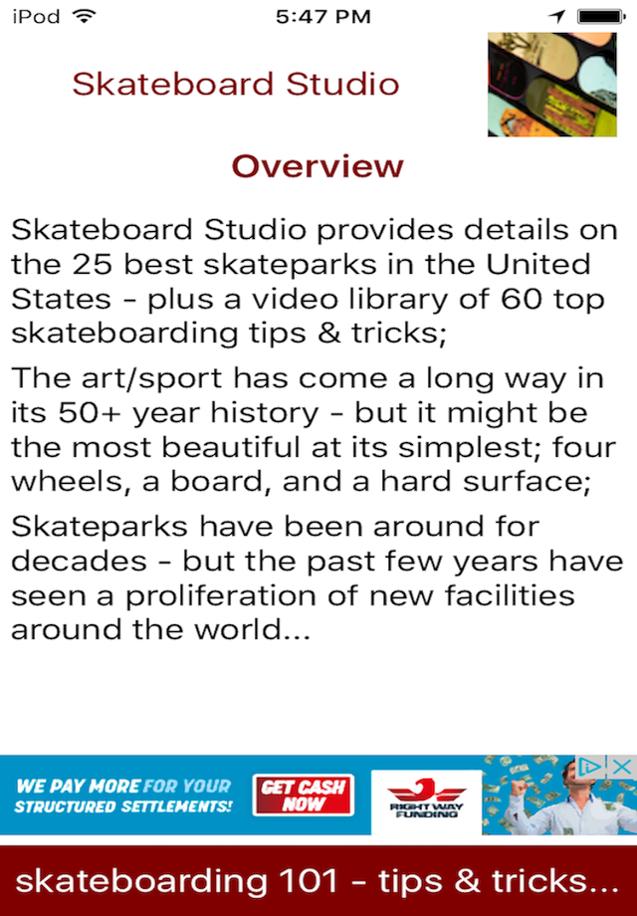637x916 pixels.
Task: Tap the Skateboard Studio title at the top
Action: (235, 84)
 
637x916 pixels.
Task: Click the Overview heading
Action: (318, 166)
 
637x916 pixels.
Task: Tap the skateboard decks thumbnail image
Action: (551, 84)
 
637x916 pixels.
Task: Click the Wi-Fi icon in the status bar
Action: (85, 16)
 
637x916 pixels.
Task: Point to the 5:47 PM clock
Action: (322, 16)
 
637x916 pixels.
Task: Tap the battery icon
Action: (601, 16)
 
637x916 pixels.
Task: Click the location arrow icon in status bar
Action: (557, 16)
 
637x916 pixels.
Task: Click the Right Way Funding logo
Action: (426, 795)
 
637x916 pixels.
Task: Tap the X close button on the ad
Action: (622, 767)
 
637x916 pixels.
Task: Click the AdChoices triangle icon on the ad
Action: (590, 767)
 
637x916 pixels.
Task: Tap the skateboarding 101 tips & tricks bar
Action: (318, 881)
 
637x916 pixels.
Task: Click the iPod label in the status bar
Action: (36, 16)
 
